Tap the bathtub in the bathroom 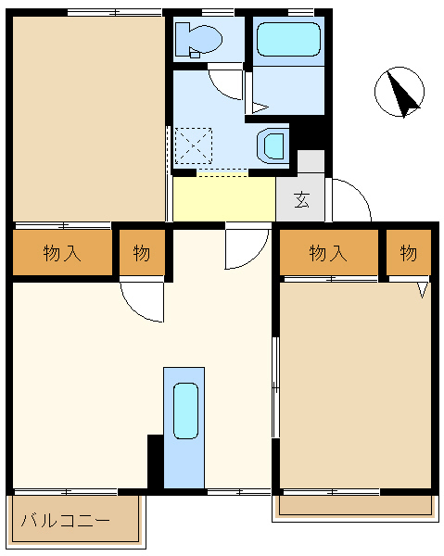coord(287,40)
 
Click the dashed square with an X coord(194,145)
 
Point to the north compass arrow coord(400,94)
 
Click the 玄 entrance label coord(301,199)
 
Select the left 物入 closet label coord(62,253)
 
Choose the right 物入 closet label coord(328,253)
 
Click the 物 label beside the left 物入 coord(141,253)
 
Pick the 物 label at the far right coord(409,253)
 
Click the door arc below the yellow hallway coord(245,248)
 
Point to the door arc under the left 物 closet coord(143,301)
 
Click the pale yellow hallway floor coord(223,198)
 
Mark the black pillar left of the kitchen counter coord(155,461)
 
